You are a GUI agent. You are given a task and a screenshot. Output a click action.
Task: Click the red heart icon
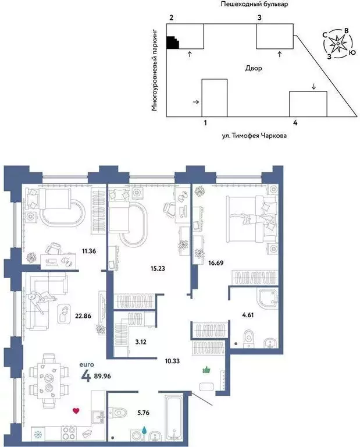[x=75, y=411]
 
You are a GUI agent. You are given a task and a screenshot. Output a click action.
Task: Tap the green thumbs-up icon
[x=205, y=370]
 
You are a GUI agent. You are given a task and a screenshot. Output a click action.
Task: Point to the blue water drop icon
[x=144, y=431]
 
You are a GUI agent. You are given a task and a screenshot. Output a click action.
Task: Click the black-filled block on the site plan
[x=173, y=42]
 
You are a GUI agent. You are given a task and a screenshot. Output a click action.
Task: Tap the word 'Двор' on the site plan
[x=254, y=68]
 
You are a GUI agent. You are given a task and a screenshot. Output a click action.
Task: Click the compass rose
[x=337, y=44]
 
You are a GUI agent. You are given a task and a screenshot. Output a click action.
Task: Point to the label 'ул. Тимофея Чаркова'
[x=255, y=136]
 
